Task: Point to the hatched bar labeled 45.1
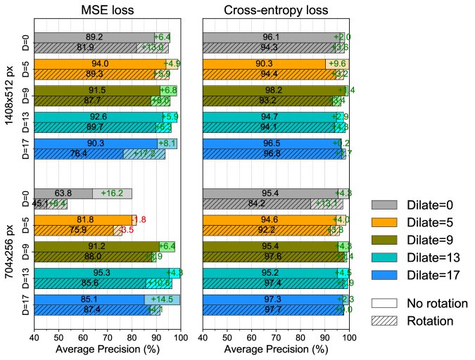(40, 205)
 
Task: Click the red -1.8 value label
(138, 220)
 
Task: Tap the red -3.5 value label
(125, 231)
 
